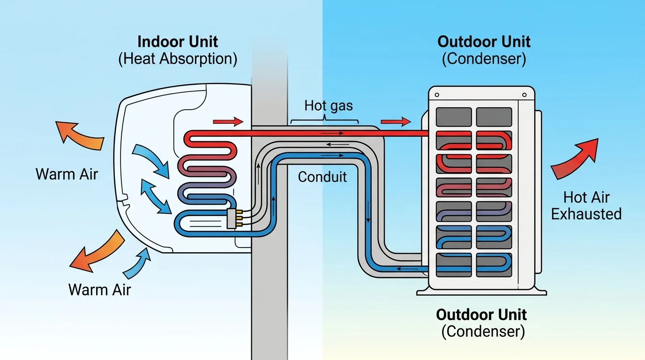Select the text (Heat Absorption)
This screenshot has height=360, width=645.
(178, 60)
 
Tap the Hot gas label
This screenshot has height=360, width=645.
(329, 105)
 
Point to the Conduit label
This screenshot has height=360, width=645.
(322, 177)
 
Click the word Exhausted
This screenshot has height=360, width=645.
(586, 214)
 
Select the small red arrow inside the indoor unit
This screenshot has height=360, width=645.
(228, 122)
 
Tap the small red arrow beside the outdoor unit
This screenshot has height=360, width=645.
(396, 122)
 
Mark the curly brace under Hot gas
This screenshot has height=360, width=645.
(324, 121)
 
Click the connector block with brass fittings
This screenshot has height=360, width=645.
(231, 219)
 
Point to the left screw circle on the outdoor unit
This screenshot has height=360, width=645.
(437, 95)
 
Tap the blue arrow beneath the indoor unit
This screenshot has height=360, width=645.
(137, 263)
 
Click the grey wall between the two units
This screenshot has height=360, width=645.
(269, 305)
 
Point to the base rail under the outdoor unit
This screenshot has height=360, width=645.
(481, 292)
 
